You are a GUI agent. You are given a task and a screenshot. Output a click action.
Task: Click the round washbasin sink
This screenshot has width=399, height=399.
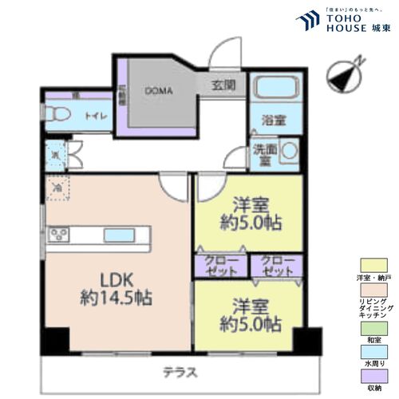pos(290,149)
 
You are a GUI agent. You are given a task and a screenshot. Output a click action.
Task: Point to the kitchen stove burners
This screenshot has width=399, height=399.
pos(59,235)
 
